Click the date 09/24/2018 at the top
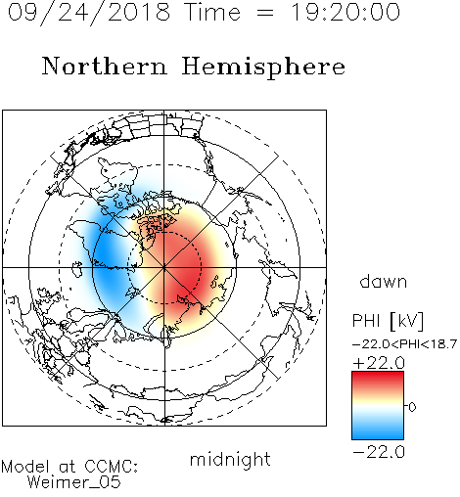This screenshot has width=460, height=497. (x=89, y=13)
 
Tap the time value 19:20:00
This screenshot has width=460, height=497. (x=345, y=12)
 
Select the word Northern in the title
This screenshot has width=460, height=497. (x=105, y=66)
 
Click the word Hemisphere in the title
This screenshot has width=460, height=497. (x=263, y=68)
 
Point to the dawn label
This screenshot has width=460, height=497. (x=384, y=281)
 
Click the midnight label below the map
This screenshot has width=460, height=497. (x=230, y=461)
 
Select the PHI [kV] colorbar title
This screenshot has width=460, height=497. (x=388, y=321)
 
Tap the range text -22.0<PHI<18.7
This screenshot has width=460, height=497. (x=404, y=344)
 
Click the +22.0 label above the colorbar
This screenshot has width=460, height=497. (x=379, y=363)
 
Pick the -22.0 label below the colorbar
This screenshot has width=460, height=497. (x=379, y=452)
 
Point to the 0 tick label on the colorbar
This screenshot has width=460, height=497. (x=412, y=407)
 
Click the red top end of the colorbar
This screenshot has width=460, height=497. (x=378, y=375)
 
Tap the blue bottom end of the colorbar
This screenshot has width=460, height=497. (x=378, y=436)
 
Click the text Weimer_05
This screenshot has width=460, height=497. (x=74, y=482)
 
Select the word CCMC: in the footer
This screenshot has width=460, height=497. (x=112, y=467)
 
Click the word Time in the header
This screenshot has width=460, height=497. (x=212, y=12)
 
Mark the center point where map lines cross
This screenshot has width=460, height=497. (x=164, y=267)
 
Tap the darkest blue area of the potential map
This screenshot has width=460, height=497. (x=105, y=257)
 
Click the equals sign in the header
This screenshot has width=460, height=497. (x=265, y=13)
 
